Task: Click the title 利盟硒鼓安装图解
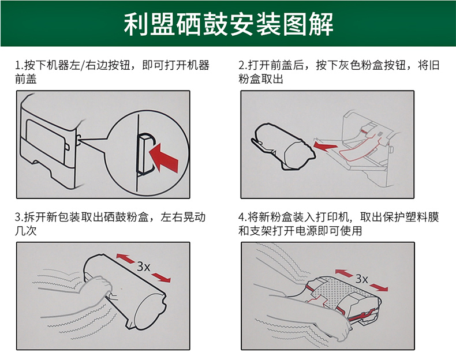229,24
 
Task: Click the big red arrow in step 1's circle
163,157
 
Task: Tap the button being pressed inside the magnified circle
144,155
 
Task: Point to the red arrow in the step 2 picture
325,145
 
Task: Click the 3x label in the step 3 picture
143,267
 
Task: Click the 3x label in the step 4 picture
361,279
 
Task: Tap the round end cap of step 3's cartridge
150,312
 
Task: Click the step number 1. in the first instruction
19,65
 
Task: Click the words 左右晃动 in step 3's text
183,217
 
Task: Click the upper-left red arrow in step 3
125,258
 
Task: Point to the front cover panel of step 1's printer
46,141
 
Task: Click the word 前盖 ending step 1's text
26,79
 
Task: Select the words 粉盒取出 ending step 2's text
261,79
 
